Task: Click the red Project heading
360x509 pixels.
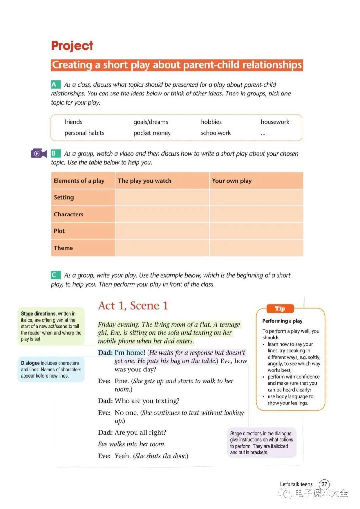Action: click(x=72, y=46)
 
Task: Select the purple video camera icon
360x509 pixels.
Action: click(x=38, y=153)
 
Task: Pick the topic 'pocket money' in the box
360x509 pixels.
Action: click(x=152, y=133)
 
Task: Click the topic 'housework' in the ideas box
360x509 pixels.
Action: click(x=275, y=122)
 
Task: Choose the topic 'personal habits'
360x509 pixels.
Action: click(x=84, y=133)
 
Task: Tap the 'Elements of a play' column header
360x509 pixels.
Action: click(x=79, y=181)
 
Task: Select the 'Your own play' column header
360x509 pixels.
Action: click(x=232, y=181)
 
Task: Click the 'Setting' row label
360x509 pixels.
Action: click(x=64, y=197)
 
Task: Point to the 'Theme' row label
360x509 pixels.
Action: click(x=63, y=248)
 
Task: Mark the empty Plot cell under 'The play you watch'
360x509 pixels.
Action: click(x=162, y=231)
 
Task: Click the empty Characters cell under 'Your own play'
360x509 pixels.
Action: click(x=256, y=214)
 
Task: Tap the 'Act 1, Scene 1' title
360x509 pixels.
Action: click(x=133, y=306)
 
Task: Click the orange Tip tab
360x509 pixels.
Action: click(x=280, y=309)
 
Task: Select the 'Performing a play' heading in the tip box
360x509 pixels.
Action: click(x=282, y=321)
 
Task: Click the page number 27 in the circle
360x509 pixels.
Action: click(x=324, y=484)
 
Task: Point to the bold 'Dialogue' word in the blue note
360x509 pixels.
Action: click(x=30, y=363)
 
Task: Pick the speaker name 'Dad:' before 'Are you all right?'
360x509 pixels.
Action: click(x=105, y=433)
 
